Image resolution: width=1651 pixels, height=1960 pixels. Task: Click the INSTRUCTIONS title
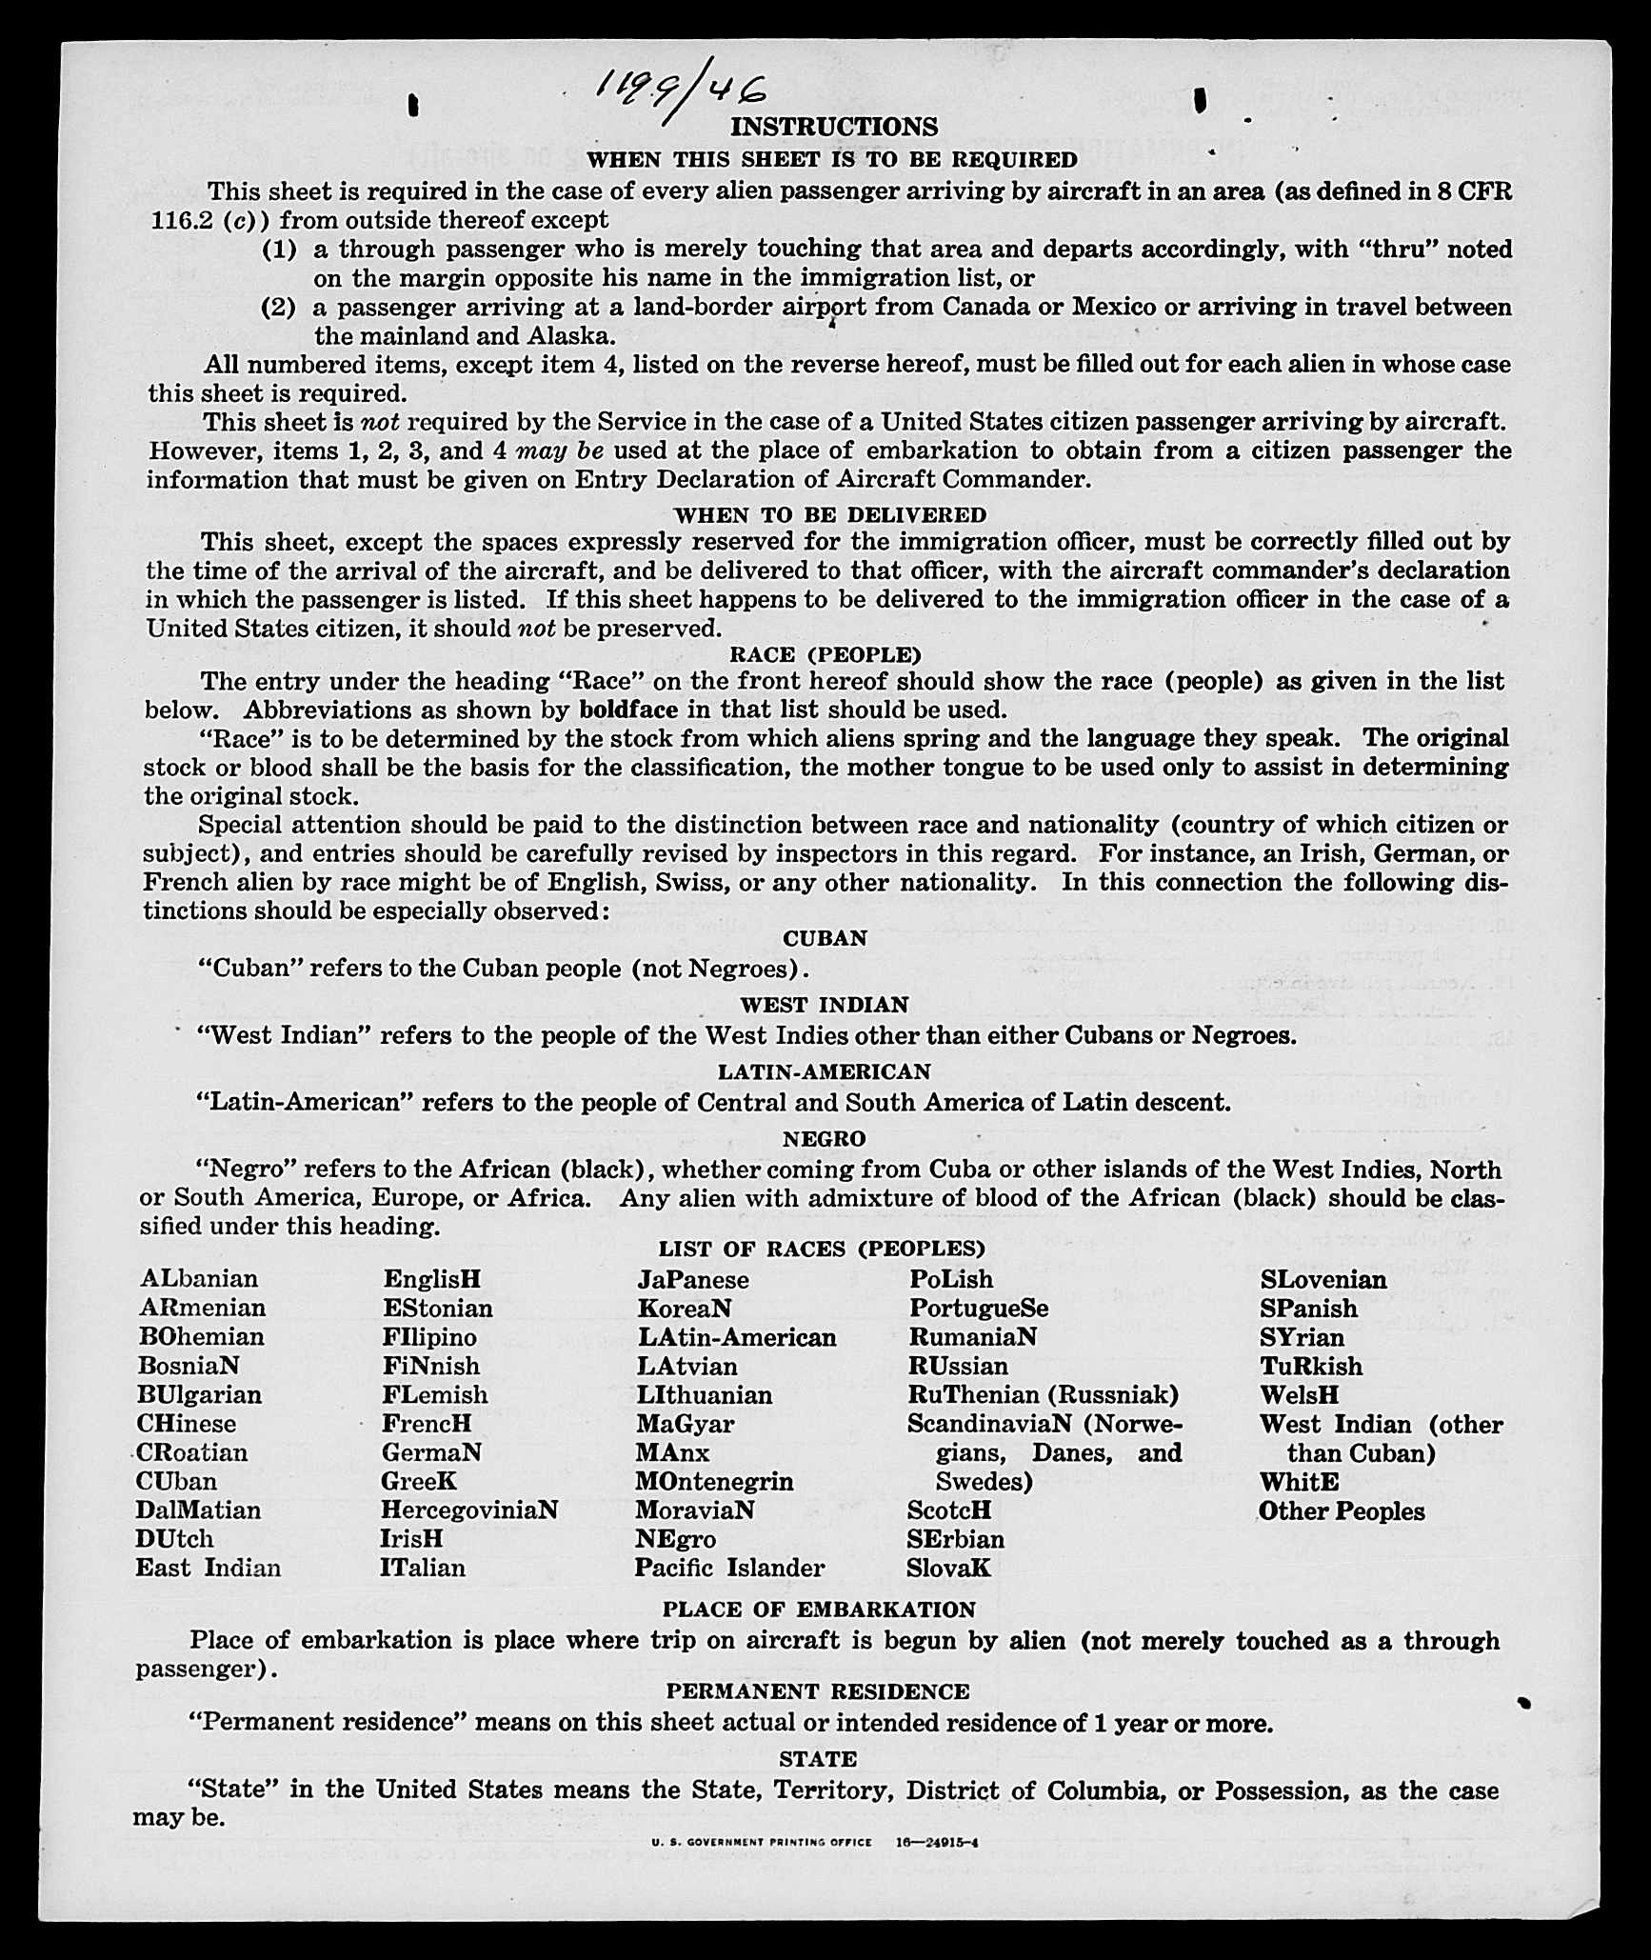[x=833, y=127]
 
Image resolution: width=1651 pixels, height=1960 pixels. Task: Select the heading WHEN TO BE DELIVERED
[x=830, y=515]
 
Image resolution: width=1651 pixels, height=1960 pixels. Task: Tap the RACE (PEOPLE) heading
[x=825, y=654]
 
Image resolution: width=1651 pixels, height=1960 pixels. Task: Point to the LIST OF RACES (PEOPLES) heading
[x=822, y=1248]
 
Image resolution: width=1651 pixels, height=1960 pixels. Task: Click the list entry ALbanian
[x=199, y=1278]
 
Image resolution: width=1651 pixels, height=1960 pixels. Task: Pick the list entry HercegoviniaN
[x=469, y=1510]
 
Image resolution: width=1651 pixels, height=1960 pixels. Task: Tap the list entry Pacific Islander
[x=729, y=1568]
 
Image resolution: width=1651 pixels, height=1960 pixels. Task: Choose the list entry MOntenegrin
[x=714, y=1481]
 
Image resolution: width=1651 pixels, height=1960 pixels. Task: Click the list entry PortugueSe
[x=979, y=1308]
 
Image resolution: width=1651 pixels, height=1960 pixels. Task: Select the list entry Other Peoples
[x=1342, y=1511]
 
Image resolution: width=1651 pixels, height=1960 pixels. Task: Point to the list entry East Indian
[x=209, y=1568]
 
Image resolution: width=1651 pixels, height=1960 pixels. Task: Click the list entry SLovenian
[x=1323, y=1280]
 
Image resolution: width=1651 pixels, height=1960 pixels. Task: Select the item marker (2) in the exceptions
[x=278, y=308]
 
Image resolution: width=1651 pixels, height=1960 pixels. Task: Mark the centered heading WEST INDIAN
[x=825, y=1005]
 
